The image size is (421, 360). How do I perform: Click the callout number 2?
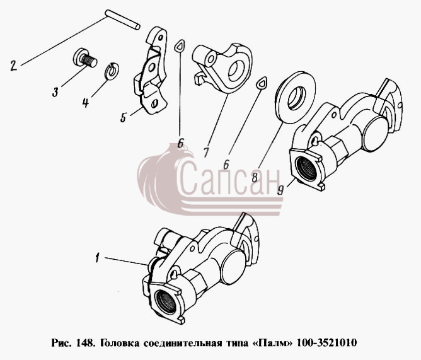14,66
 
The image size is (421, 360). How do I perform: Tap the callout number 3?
55,92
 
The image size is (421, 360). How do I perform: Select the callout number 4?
86,103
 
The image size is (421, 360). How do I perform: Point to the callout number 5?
124,117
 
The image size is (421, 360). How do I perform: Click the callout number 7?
206,153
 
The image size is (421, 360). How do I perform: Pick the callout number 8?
255,177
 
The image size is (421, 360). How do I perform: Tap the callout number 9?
280,190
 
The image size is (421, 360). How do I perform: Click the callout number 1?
98,258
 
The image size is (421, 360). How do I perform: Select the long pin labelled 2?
122,20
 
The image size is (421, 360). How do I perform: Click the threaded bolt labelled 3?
85,59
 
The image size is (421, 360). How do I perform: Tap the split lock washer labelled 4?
112,71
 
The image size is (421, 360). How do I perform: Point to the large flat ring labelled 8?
296,97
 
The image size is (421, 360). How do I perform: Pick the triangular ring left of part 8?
262,83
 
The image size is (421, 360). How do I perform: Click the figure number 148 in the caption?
85,343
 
